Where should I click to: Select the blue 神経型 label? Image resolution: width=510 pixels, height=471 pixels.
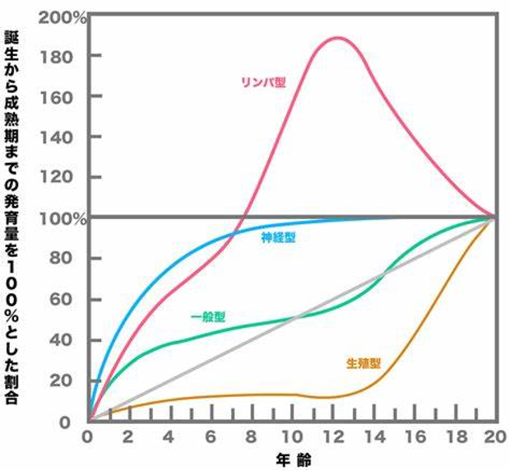click(279, 237)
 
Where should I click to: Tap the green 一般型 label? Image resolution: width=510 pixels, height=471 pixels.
click(208, 316)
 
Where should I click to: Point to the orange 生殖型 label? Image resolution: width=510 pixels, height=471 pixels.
click(364, 362)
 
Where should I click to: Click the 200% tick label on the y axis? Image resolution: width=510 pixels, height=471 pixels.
click(66, 16)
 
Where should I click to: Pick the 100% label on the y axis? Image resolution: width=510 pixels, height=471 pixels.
click(66, 218)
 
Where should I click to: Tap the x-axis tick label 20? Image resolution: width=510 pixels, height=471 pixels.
click(494, 437)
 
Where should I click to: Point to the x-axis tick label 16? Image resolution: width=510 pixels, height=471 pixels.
click(414, 437)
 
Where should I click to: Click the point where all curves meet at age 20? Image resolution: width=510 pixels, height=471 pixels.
click(494, 217)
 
